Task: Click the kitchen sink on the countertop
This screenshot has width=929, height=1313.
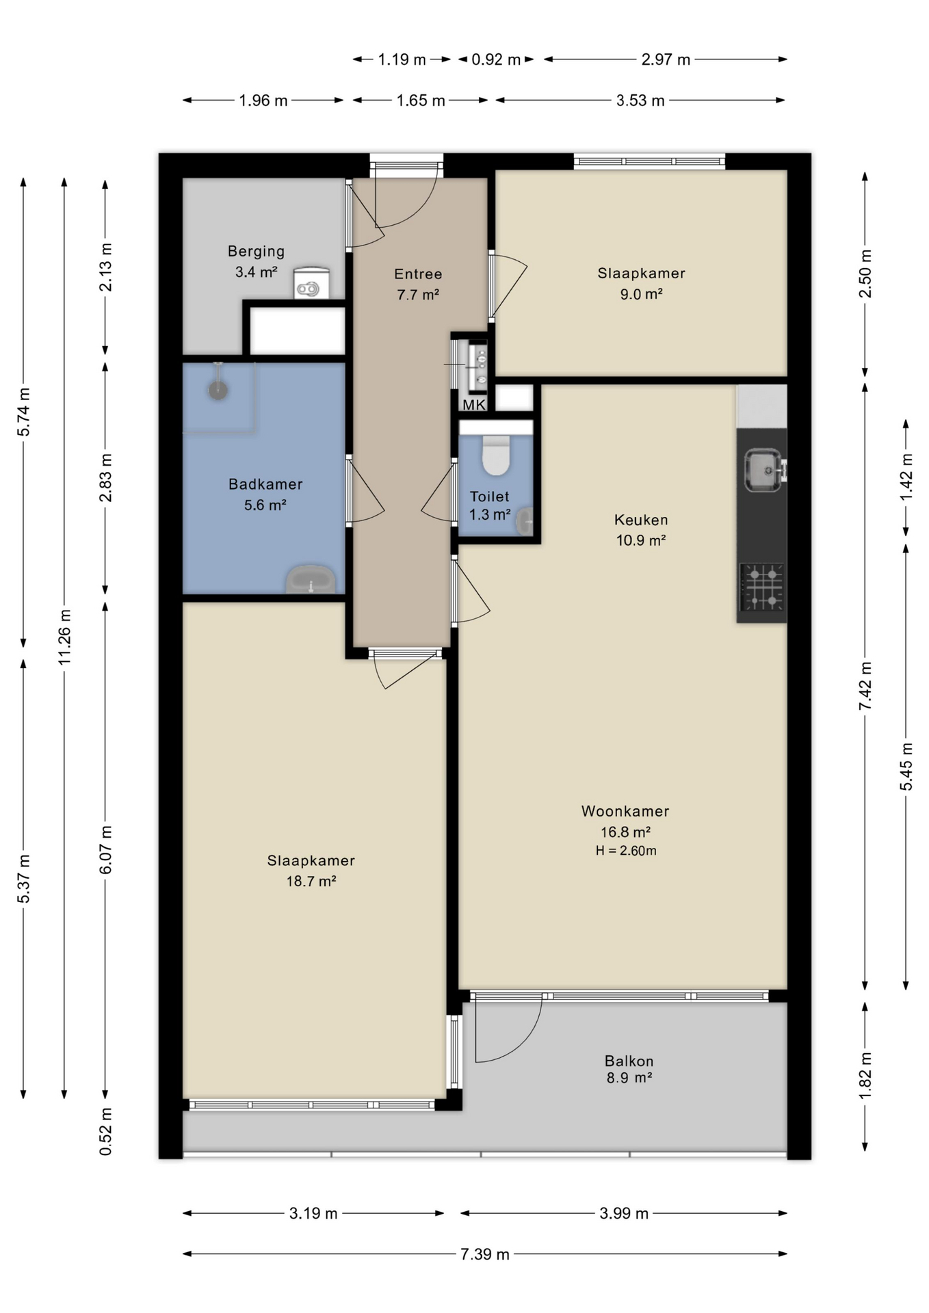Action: (764, 470)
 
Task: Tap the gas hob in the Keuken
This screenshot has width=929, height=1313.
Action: (762, 587)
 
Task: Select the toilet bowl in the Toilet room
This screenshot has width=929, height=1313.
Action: (496, 455)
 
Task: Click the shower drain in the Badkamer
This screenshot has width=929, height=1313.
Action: (218, 390)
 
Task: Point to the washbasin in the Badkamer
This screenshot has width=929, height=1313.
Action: (311, 579)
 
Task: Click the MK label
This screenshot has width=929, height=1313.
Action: (474, 405)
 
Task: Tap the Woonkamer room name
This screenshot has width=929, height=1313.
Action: (625, 811)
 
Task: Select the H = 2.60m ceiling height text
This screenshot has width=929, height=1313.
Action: (626, 851)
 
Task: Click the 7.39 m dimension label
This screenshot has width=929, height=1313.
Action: (485, 1254)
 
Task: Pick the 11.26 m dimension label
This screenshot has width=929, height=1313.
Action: (64, 637)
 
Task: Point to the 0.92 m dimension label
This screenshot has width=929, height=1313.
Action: (496, 59)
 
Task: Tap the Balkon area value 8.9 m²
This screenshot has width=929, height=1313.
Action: (629, 1078)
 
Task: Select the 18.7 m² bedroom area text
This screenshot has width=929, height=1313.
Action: (311, 881)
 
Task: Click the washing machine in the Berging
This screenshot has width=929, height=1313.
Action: (311, 283)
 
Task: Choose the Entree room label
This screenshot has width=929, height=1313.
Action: (418, 274)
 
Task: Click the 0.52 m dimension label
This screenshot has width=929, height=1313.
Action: (105, 1132)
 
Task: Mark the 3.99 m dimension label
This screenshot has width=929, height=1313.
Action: (624, 1214)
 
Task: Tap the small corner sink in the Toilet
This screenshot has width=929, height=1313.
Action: (525, 521)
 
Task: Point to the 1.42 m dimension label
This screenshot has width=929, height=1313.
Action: (906, 477)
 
